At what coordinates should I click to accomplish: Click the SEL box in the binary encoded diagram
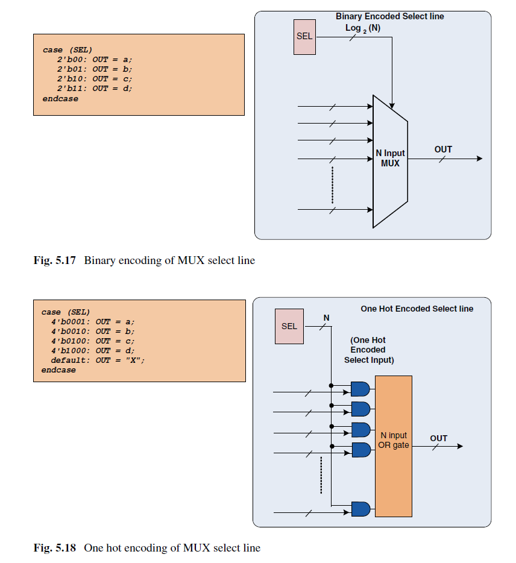coord(304,37)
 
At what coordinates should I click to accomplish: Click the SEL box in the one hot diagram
coord(289,326)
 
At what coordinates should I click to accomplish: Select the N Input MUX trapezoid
coord(391,161)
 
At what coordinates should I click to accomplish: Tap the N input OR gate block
coord(394,446)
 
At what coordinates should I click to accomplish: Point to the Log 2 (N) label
coord(363,28)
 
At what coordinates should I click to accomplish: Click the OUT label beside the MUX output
coord(443,149)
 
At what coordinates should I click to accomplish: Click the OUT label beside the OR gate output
coord(438,438)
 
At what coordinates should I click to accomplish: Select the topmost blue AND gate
coord(360,389)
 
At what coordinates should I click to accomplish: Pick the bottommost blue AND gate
coord(360,509)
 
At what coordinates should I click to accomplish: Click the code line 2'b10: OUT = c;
coord(95,79)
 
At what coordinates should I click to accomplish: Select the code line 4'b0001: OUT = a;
coord(93,322)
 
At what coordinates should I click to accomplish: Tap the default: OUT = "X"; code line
coord(98,360)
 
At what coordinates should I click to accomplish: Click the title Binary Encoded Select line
coord(389,16)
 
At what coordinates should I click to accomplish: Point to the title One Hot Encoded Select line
coord(417,309)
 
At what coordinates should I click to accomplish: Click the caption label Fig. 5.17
coord(55,260)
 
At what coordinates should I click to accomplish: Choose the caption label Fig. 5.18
coord(55,548)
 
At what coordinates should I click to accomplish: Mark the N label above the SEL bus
coord(326,318)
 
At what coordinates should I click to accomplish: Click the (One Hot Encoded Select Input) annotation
coord(369,350)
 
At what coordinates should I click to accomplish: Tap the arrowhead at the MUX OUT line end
coord(479,159)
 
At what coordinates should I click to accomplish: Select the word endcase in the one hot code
coord(58,370)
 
